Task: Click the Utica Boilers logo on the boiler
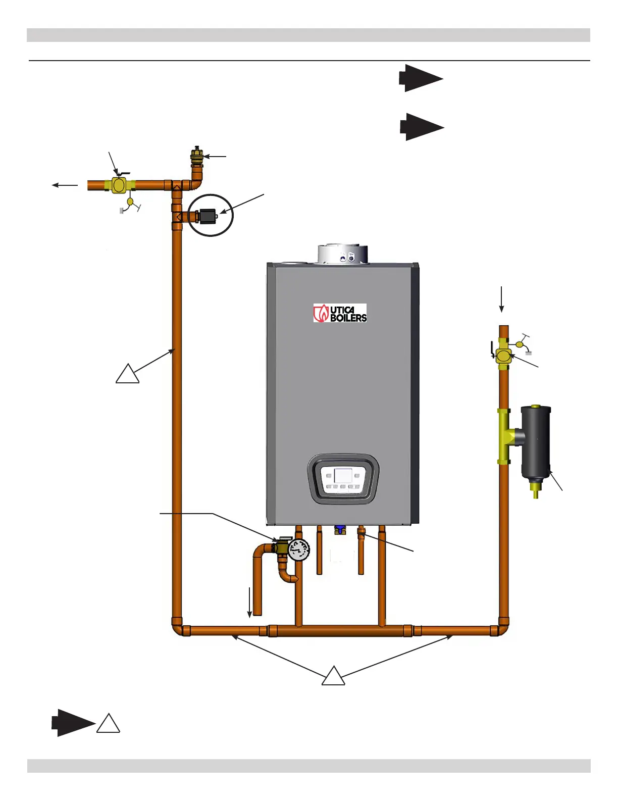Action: [x=340, y=313]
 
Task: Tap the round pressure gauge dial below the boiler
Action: [x=299, y=549]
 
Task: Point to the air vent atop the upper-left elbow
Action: [x=197, y=154]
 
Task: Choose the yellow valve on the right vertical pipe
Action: [x=503, y=356]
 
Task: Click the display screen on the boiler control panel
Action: [x=343, y=476]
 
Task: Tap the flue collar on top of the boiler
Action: [x=342, y=254]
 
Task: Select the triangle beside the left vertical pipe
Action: [x=127, y=375]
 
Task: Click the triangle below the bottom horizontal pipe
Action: [x=333, y=677]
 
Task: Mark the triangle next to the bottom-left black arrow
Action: [x=108, y=724]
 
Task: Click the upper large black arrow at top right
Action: [x=421, y=78]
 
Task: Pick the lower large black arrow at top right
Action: [x=422, y=127]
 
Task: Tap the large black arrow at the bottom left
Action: [x=73, y=722]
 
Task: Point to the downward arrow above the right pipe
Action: [x=501, y=299]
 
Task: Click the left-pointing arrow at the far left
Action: [x=65, y=185]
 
